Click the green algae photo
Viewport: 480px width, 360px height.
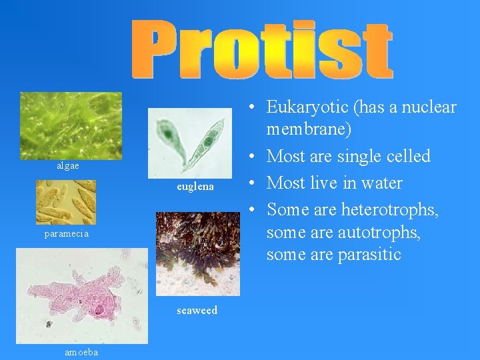71,125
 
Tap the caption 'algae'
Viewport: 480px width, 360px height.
67,165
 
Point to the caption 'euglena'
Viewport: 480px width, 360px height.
195,187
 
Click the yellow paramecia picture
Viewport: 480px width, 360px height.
66,201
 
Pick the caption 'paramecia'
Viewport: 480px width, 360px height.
67,234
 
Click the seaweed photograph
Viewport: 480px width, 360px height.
197,253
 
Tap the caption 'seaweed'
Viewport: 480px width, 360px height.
197,310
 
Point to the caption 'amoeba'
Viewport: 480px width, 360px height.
81,352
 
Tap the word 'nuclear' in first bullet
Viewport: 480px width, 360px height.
429,107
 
